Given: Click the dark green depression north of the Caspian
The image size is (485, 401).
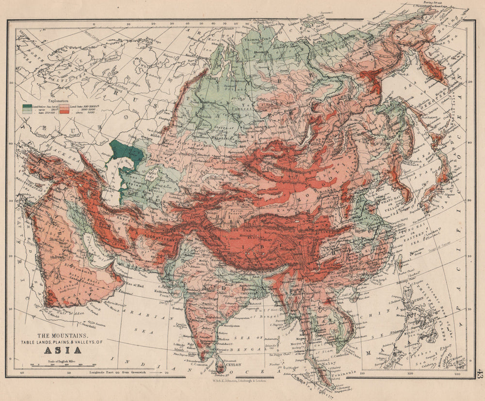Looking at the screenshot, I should click(127, 153).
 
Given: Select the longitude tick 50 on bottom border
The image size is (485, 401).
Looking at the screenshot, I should click(69, 373).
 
